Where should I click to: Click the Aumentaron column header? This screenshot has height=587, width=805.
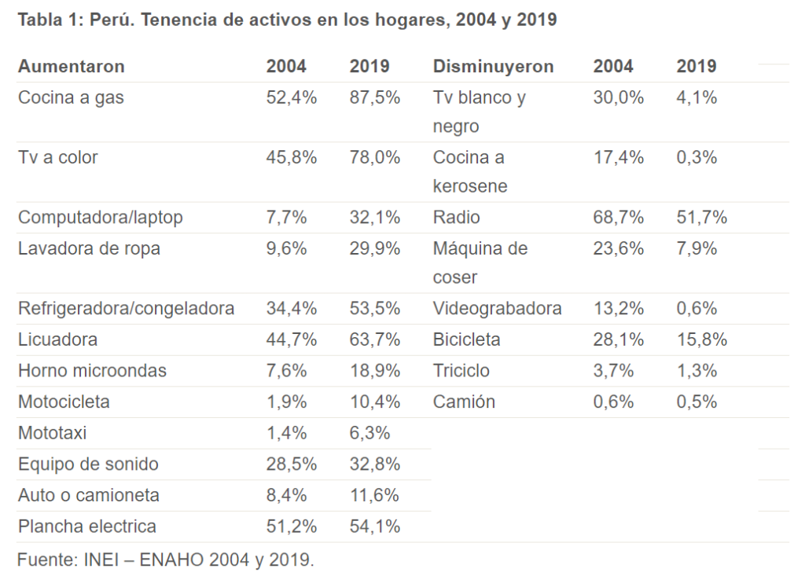click(72, 67)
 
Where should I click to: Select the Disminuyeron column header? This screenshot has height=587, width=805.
click(493, 67)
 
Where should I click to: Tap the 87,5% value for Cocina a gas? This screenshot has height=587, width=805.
click(375, 98)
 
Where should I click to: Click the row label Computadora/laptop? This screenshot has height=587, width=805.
click(100, 218)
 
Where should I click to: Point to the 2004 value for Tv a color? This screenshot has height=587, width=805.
click(292, 158)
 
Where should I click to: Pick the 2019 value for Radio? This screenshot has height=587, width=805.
click(702, 218)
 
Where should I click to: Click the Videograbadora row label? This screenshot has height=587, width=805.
click(497, 309)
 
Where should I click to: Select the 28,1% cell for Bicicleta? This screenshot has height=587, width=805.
click(619, 340)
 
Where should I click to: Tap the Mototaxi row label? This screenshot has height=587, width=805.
click(53, 433)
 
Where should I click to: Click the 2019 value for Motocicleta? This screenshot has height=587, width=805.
click(375, 402)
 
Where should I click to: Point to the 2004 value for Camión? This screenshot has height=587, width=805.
click(613, 402)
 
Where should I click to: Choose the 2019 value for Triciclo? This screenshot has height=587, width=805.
click(697, 371)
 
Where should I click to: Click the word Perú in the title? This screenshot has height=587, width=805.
click(110, 20)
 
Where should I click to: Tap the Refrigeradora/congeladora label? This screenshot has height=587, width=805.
click(126, 309)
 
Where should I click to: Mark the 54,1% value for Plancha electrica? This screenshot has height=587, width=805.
click(375, 526)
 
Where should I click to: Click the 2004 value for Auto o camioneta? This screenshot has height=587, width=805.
click(292, 496)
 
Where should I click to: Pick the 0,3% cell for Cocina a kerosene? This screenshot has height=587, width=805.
click(697, 158)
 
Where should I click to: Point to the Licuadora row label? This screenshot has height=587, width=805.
click(58, 340)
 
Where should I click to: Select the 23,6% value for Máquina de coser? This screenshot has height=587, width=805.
click(619, 249)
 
